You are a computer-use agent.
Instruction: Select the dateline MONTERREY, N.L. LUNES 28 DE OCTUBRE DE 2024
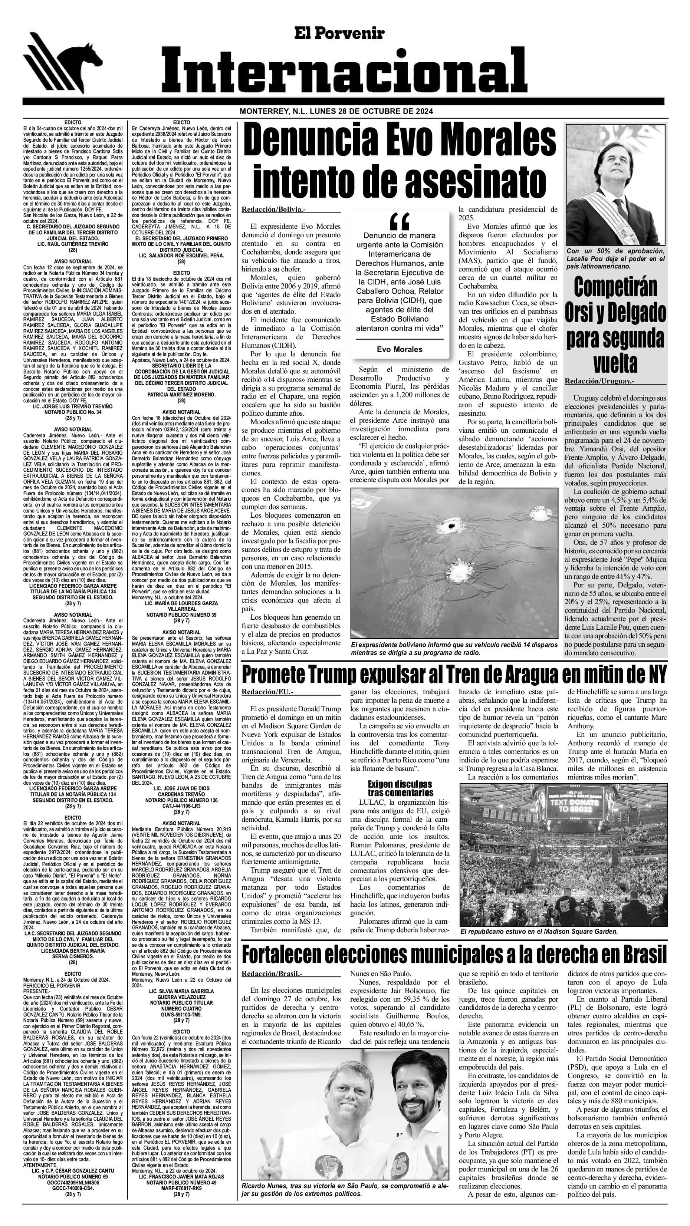tap(336, 111)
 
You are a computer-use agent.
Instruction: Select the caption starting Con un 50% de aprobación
tap(615, 258)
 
